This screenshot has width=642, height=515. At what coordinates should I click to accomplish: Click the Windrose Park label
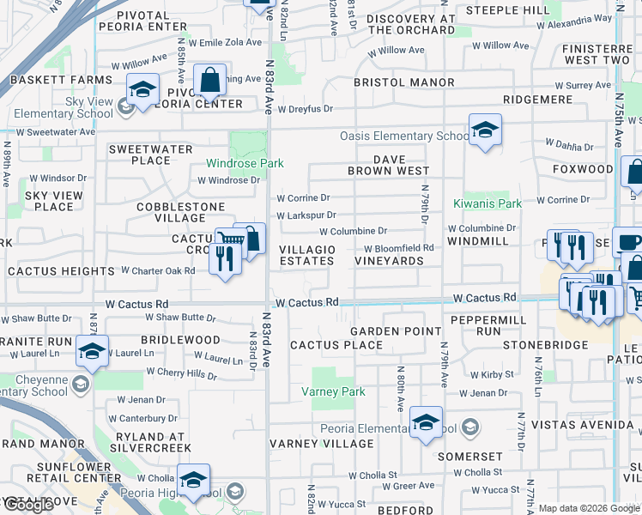point(245,163)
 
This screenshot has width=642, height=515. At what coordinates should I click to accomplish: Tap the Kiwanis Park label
point(488,204)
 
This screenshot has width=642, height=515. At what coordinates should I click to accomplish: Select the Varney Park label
point(333,391)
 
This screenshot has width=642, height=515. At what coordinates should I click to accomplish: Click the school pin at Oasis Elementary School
point(485,130)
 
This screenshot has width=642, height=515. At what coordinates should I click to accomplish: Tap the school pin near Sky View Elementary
point(143,90)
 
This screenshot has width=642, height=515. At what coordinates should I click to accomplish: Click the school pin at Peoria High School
point(193,481)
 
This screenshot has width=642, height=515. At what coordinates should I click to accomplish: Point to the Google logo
point(28,505)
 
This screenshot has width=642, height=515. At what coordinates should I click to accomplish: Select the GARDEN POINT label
point(383,331)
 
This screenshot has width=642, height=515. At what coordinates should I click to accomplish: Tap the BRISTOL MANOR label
point(404,82)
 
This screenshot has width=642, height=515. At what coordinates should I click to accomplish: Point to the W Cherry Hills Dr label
point(181,373)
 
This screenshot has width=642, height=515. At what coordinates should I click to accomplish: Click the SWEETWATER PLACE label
point(150,154)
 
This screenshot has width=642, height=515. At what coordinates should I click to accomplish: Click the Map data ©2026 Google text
point(589,508)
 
